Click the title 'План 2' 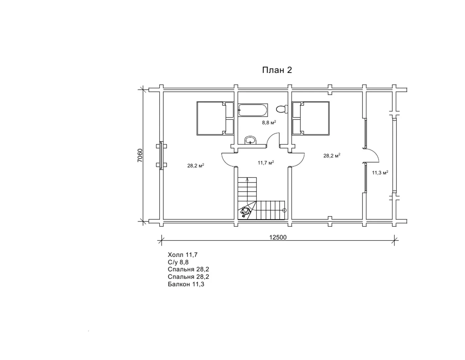point(277,70)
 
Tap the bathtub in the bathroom point(253,110)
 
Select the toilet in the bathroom point(282,109)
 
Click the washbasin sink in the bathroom point(250,140)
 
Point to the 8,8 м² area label point(269,122)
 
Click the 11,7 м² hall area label point(266,163)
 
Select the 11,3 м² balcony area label point(380,172)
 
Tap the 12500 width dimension point(278,237)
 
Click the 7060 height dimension point(140,155)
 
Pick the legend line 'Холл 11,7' point(182,255)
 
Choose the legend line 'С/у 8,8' point(178,262)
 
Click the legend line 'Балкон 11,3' point(186,284)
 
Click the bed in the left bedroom point(215,118)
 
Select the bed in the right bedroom point(311,118)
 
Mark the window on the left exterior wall point(162,155)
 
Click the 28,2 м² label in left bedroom point(196,166)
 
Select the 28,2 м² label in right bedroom point(332,155)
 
